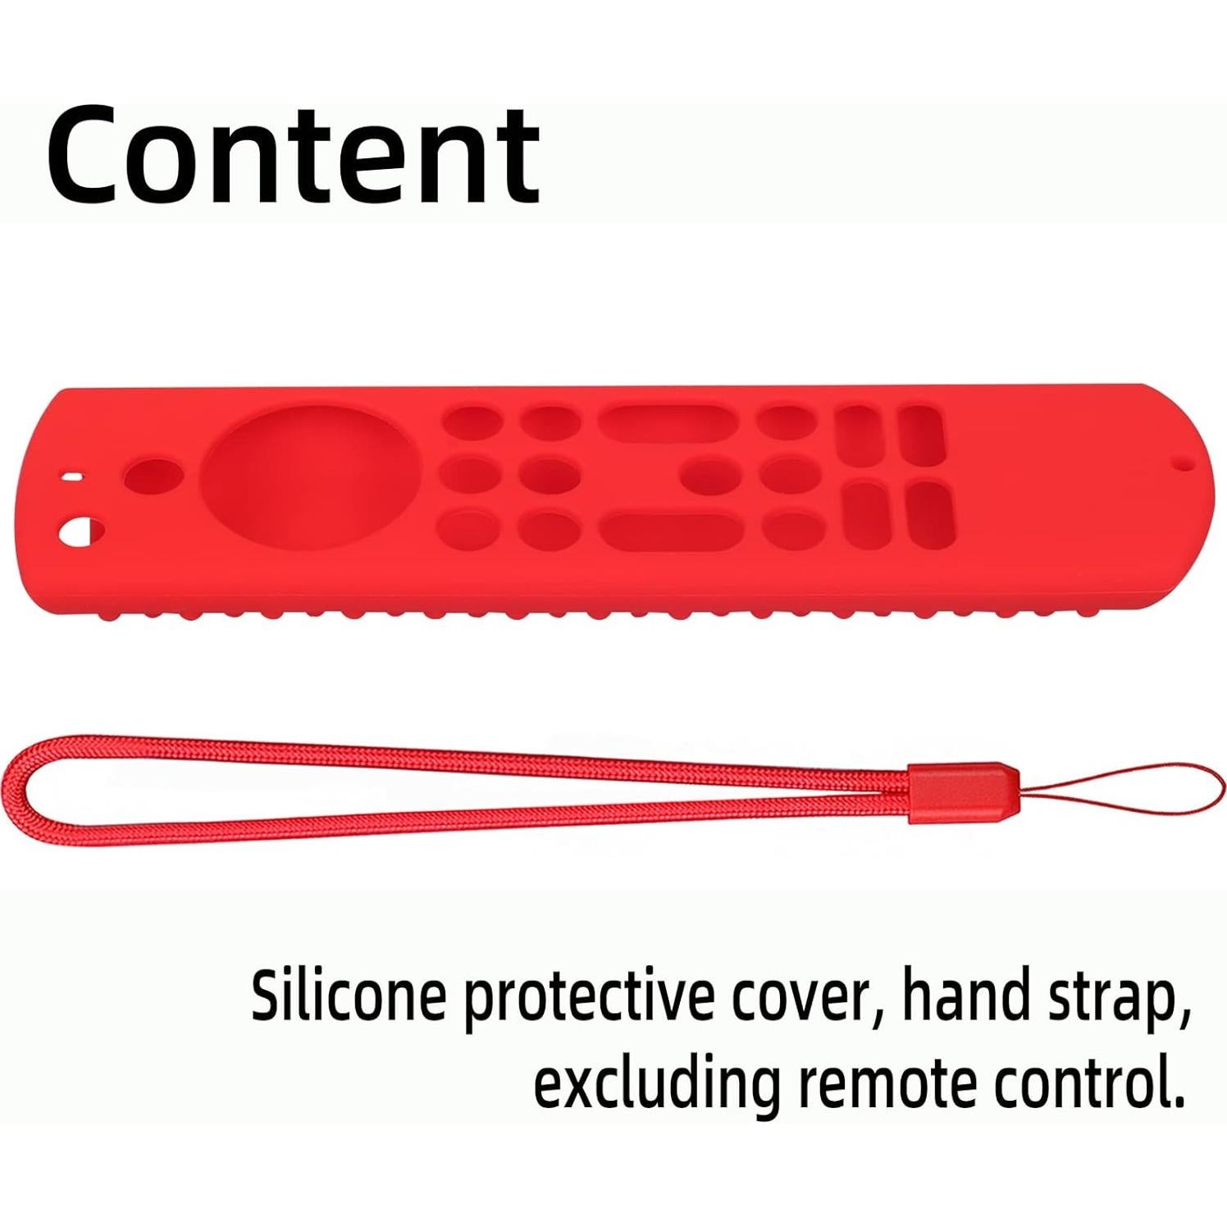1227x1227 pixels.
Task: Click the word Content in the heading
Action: (x=294, y=156)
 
